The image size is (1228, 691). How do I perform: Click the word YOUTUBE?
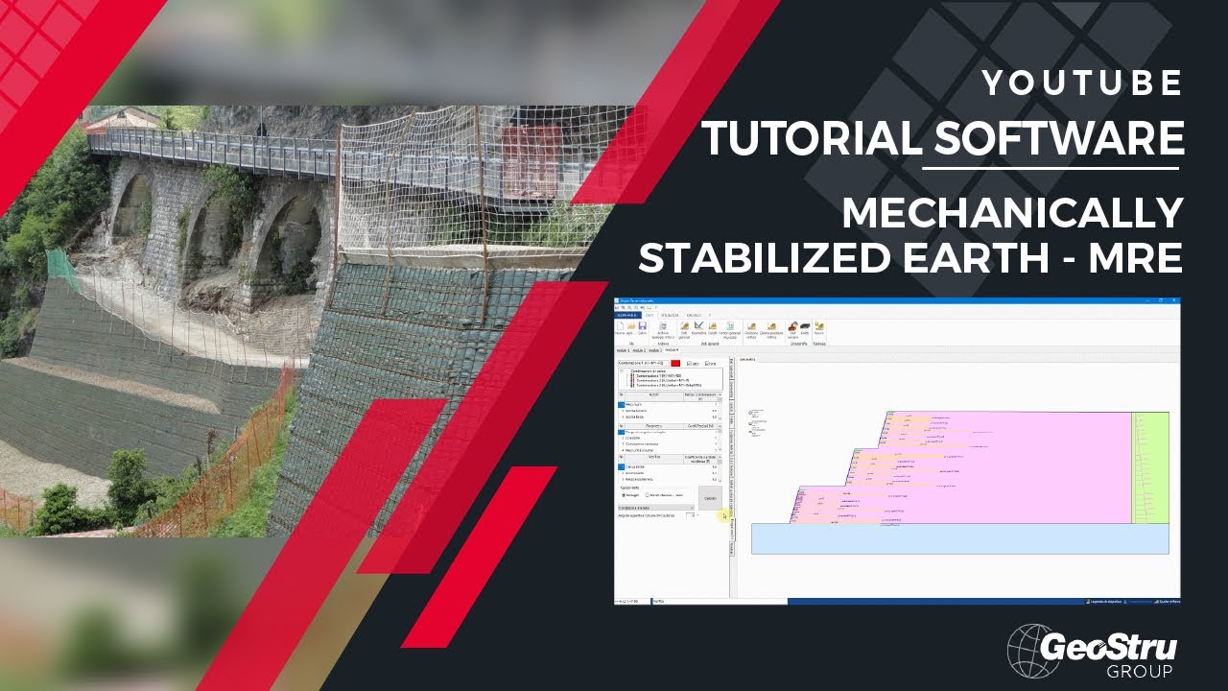pyautogui.click(x=1082, y=84)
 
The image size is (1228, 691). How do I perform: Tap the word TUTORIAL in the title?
pyautogui.click(x=814, y=138)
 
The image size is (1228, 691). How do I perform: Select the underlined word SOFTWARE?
pyautogui.click(x=1058, y=138)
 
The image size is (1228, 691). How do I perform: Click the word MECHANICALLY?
pyautogui.click(x=1012, y=213)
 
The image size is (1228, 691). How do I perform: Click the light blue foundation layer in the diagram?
pyautogui.click(x=959, y=538)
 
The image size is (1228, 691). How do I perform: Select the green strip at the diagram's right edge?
pyautogui.click(x=1149, y=467)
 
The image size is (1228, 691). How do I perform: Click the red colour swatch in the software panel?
pyautogui.click(x=675, y=363)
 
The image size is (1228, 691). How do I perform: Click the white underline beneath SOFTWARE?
pyautogui.click(x=1051, y=168)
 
